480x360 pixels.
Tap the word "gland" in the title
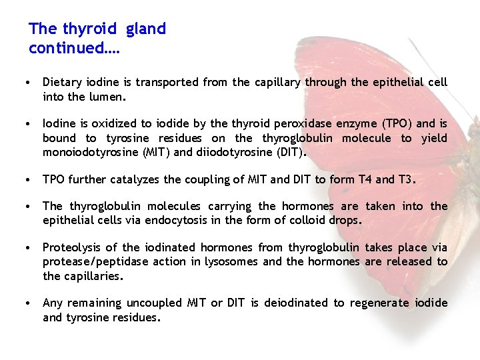tap(145, 29)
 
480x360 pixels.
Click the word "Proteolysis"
tap(74, 248)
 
